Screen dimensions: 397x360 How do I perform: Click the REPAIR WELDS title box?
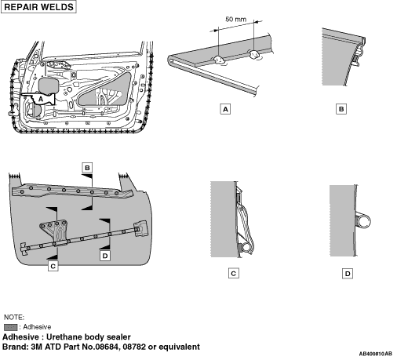pos(38,7)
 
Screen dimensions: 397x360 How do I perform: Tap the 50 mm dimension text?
pos(235,19)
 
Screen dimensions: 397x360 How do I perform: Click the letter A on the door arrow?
pos(41,99)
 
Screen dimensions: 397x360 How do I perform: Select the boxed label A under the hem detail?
pos(225,109)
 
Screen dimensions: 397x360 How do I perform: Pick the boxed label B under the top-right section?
pos(341,109)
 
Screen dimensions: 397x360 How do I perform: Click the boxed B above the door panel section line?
pos(87,168)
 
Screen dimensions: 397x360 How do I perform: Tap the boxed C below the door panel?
pos(53,266)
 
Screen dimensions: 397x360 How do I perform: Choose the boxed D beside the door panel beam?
pos(105,256)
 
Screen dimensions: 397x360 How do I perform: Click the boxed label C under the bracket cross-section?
pos(234,274)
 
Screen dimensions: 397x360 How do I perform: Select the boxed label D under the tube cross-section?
pos(348,274)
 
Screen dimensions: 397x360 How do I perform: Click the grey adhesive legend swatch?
pos(11,327)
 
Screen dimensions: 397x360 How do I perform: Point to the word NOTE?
pos(14,317)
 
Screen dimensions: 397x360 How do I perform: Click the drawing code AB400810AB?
pos(375,354)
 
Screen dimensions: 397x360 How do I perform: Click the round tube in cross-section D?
pos(363,221)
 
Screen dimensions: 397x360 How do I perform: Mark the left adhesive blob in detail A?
pos(219,60)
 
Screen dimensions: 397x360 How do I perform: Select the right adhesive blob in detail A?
pos(254,54)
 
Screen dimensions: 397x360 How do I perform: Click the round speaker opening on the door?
pos(34,111)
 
